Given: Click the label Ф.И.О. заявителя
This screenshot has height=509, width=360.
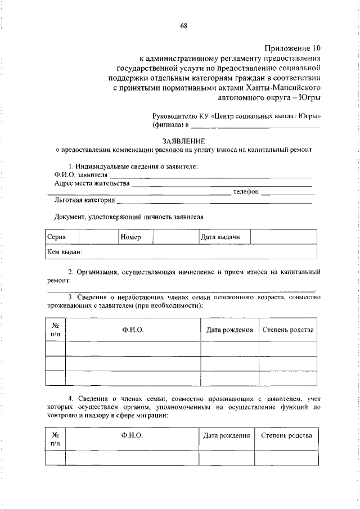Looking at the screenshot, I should coord(74,175).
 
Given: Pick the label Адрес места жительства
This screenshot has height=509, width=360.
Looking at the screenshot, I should coord(92,183).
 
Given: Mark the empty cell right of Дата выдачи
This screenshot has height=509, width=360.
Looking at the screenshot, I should coord(283,237).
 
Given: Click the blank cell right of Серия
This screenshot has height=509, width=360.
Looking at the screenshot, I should coord(98,237).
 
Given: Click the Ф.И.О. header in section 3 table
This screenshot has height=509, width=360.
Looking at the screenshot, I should coord(133,330).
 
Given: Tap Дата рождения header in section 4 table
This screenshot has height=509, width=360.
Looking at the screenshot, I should coord(227,435).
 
